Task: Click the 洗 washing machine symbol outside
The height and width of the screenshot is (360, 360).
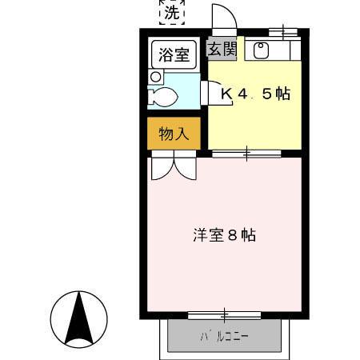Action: coord(171,12)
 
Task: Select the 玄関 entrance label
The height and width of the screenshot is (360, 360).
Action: coord(223,49)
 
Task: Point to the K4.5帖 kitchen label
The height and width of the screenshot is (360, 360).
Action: coord(254,94)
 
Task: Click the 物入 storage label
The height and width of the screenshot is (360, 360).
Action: coord(174,134)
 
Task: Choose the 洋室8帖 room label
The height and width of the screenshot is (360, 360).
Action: coord(224,236)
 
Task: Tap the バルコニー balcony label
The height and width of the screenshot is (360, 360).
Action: coord(225,337)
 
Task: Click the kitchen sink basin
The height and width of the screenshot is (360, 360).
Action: coord(260,50)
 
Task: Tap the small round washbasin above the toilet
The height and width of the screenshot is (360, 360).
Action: coord(157,76)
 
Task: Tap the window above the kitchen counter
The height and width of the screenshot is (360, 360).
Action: coord(285,31)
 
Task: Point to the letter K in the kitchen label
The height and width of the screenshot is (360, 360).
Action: coord(226,94)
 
